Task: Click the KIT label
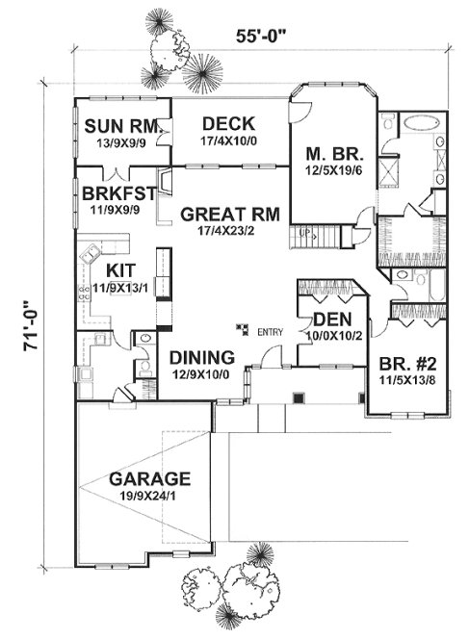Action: [119, 270]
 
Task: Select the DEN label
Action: [327, 320]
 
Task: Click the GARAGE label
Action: [149, 478]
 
